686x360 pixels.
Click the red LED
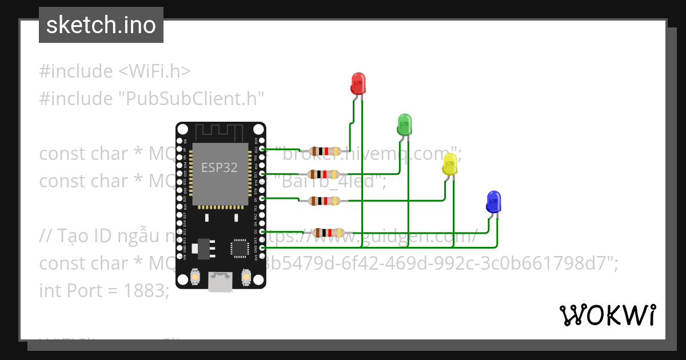coord(358,83)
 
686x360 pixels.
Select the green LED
coord(404,125)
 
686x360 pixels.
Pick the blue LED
coord(493,202)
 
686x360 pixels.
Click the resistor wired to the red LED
coord(324,151)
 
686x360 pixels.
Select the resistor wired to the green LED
coord(324,174)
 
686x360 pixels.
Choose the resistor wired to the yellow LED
coord(324,201)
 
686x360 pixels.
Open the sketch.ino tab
coord(101,25)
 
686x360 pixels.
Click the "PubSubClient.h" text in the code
coord(191,99)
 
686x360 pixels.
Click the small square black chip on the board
coord(239,248)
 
